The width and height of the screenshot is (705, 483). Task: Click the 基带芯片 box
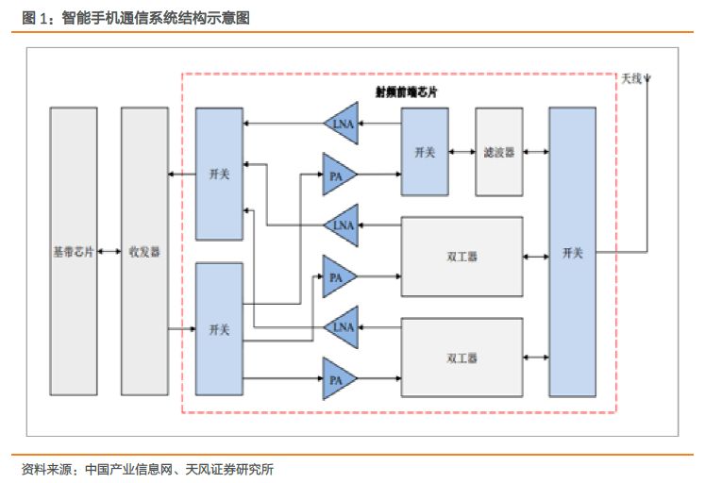[73, 252]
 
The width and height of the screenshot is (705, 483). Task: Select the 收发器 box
[143, 252]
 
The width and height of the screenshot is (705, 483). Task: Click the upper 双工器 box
[462, 256]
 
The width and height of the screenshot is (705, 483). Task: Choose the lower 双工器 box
[462, 358]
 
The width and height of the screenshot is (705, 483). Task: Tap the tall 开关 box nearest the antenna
[572, 252]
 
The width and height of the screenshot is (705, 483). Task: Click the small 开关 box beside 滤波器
[424, 152]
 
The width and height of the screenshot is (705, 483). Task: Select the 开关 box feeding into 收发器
[219, 175]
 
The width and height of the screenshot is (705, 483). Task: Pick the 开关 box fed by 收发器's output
[219, 329]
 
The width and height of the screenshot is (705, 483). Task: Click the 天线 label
[630, 79]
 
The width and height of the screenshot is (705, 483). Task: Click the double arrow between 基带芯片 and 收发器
[109, 252]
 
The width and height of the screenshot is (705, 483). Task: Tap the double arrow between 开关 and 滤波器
[462, 152]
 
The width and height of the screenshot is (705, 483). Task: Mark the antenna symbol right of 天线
[646, 79]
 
